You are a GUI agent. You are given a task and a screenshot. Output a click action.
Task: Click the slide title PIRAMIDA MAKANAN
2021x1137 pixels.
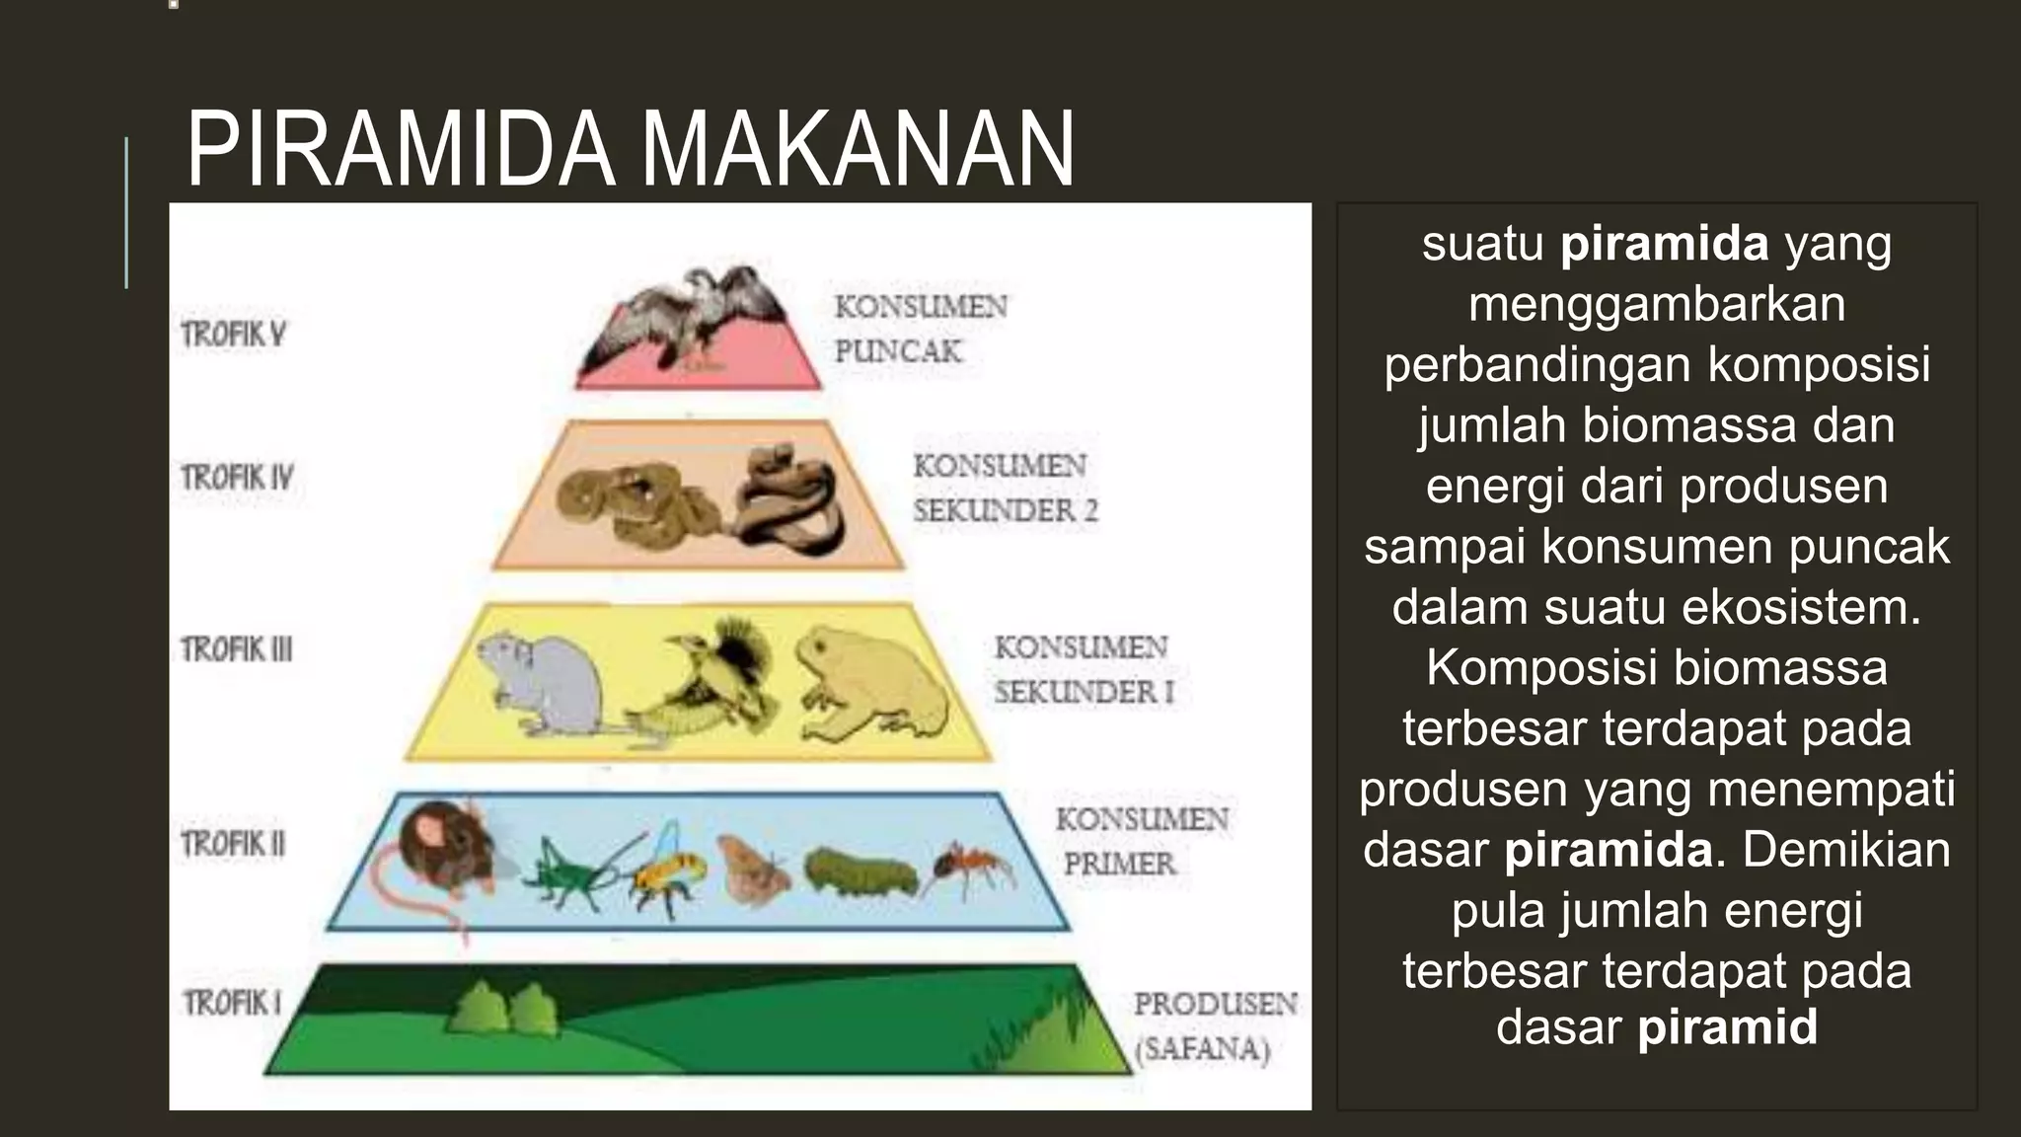(x=630, y=150)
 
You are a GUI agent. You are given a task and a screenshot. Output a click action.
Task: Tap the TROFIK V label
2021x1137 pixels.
(x=234, y=335)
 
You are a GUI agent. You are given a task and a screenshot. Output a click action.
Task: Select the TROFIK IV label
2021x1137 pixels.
(x=238, y=478)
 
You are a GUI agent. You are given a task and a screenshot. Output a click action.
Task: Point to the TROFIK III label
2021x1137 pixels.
(x=237, y=649)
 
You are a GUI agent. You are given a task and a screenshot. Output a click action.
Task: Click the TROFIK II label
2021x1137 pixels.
(x=234, y=844)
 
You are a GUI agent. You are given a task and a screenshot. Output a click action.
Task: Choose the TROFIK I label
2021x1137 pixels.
(x=232, y=1003)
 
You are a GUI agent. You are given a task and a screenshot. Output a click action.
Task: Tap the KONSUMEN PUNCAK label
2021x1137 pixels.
(x=920, y=329)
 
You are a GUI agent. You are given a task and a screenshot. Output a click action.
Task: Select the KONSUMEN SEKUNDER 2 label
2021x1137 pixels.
(x=1004, y=488)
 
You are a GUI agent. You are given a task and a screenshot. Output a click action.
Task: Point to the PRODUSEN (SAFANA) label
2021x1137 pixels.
(x=1214, y=1025)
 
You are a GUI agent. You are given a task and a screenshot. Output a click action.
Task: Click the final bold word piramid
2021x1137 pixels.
(x=1727, y=1026)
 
